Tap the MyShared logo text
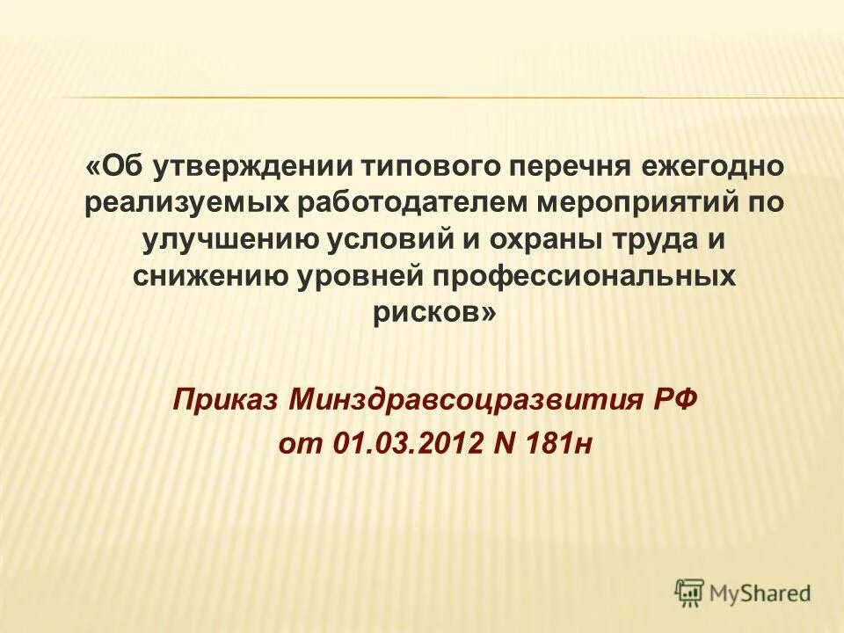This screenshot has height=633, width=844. point(761,593)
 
